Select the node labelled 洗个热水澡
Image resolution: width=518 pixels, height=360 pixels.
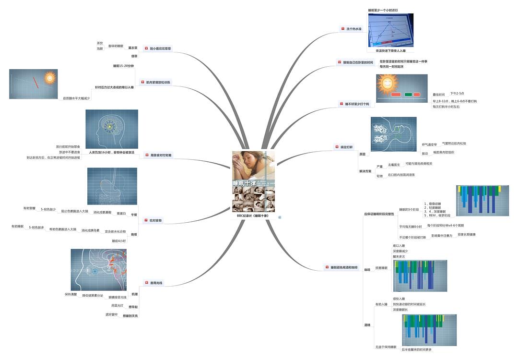tap(354, 29)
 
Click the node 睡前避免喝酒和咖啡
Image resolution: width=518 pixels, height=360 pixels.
tap(343, 267)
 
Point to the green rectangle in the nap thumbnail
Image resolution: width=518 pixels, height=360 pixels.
tap(408, 95)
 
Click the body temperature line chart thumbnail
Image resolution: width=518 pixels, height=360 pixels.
tap(390, 30)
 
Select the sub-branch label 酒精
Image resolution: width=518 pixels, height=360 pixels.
tap(367, 325)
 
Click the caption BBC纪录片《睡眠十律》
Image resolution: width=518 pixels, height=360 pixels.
tap(253, 216)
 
